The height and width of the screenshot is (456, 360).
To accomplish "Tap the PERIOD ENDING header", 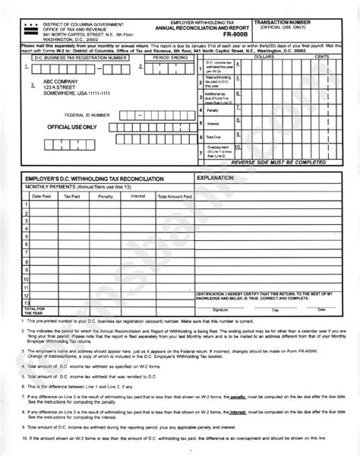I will (170, 58).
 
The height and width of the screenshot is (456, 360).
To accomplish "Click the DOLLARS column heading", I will (265, 58).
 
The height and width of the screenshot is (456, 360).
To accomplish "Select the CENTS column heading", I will (322, 58).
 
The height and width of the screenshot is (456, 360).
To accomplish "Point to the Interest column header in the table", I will (137, 195).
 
